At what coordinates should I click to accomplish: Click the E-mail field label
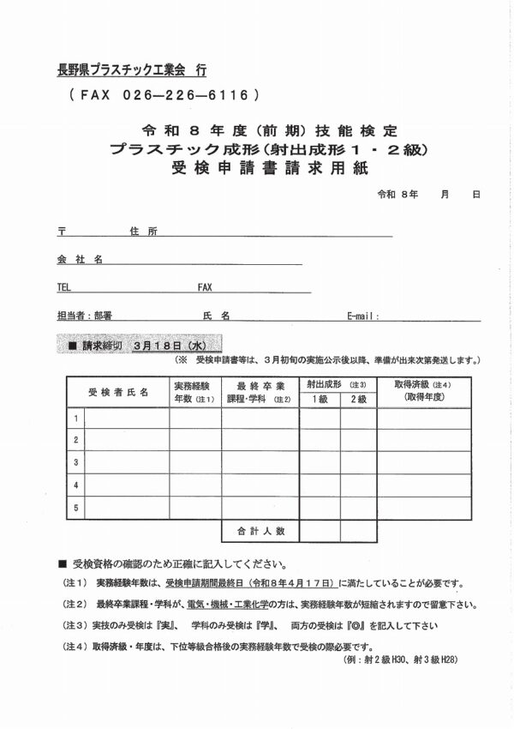click(363, 316)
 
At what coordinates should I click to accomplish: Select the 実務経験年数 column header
click(194, 392)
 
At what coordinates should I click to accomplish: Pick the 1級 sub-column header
click(319, 400)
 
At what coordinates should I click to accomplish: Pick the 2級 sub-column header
click(357, 400)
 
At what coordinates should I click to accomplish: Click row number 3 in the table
click(76, 462)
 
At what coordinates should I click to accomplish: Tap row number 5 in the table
click(76, 508)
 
